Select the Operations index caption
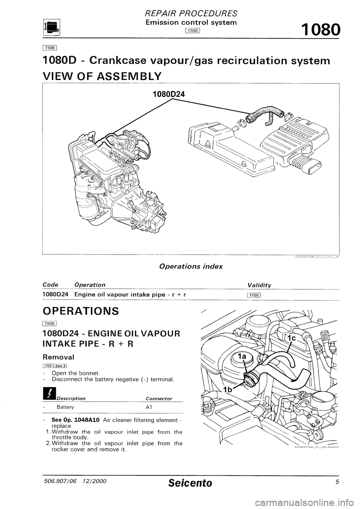tap(191, 266)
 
